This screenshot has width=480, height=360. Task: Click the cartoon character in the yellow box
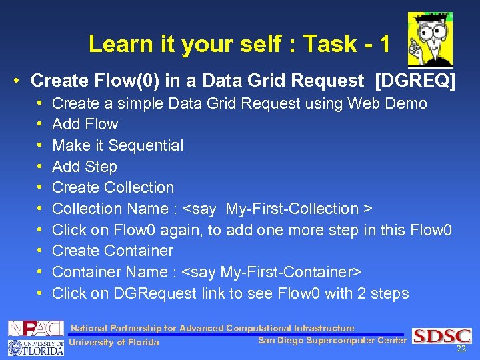point(430,39)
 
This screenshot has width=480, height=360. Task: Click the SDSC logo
point(442,336)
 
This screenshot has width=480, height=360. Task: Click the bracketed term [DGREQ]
point(416,81)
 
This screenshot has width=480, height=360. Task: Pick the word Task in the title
point(329,44)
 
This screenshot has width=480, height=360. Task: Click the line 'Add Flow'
point(85,124)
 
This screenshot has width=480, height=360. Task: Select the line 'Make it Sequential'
point(117,145)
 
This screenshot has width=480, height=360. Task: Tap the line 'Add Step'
point(84,167)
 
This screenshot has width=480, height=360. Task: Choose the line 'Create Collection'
point(113,187)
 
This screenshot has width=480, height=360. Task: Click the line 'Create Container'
point(112,251)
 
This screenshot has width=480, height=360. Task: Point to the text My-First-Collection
point(292,209)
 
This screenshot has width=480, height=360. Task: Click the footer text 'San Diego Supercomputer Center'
point(332,341)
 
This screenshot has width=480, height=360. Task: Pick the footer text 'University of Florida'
point(114,343)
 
